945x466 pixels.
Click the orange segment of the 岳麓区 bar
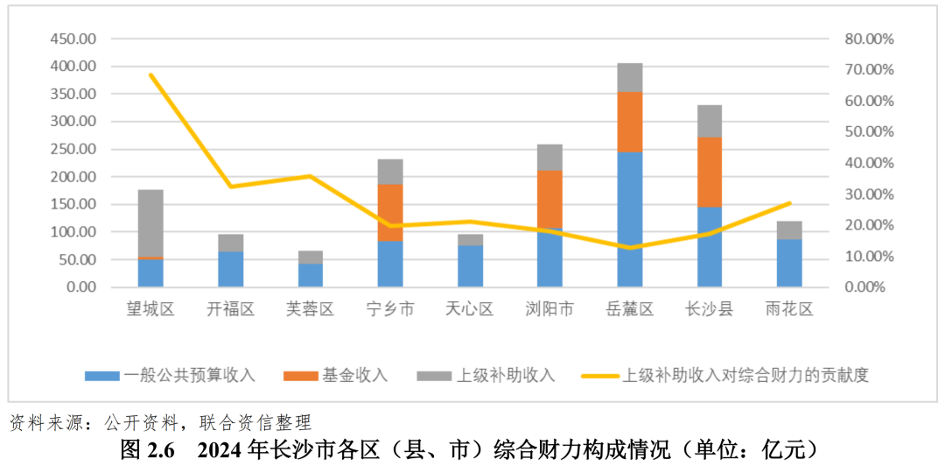click(630, 122)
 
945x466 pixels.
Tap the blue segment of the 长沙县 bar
click(710, 247)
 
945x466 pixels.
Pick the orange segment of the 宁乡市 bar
click(390, 212)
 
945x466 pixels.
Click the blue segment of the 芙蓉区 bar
click(311, 275)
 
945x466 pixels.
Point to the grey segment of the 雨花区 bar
click(789, 229)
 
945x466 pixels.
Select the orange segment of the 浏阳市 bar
click(550, 199)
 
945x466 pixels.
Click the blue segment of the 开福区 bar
click(230, 269)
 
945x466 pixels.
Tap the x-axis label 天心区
click(470, 309)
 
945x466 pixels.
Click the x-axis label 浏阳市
click(549, 309)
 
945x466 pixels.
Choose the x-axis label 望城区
click(150, 309)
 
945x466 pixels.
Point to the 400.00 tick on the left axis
click(74, 67)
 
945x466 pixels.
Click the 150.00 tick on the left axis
click(74, 204)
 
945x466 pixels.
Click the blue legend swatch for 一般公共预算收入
click(101, 376)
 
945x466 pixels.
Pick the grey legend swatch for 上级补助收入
click(433, 376)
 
